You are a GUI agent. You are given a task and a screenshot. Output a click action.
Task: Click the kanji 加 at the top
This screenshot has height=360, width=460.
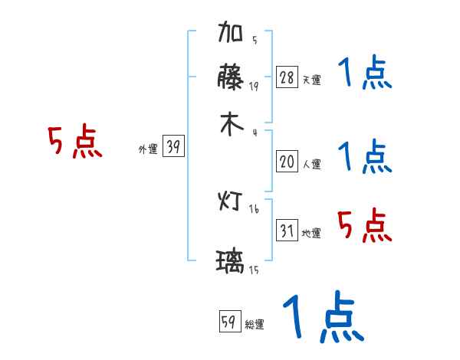click(x=232, y=35)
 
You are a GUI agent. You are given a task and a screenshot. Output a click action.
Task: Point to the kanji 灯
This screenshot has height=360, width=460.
click(x=231, y=201)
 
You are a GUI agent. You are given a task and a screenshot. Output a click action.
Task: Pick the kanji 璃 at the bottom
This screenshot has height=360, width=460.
click(x=231, y=263)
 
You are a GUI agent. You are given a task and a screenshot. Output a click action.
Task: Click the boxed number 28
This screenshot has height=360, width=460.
click(x=286, y=77)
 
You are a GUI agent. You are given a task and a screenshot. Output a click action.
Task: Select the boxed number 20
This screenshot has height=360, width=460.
click(x=286, y=162)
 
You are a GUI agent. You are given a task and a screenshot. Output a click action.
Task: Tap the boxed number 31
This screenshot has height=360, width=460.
click(x=286, y=231)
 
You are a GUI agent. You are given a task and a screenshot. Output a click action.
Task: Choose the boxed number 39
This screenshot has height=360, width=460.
click(x=173, y=147)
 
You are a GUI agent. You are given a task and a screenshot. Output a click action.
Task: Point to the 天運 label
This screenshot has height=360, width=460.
click(x=311, y=80)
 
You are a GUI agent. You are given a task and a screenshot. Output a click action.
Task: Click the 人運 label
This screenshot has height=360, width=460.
click(x=311, y=164)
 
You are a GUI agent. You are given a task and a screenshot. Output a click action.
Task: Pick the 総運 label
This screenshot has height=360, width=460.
click(x=255, y=325)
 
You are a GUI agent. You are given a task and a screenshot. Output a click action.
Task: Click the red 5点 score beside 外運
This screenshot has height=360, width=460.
click(x=74, y=143)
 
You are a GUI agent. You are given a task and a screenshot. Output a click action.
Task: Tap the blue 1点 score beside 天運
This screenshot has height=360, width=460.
click(x=365, y=74)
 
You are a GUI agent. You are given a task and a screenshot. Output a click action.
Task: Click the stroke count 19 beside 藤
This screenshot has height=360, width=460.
click(x=253, y=86)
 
